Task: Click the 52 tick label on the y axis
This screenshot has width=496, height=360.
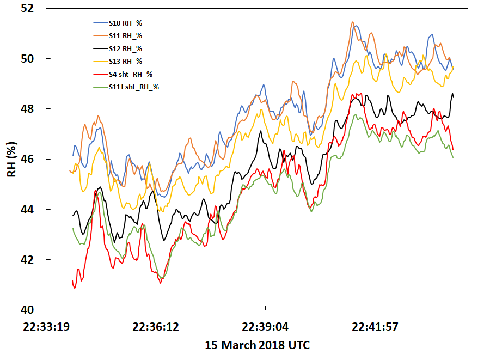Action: pyautogui.click(x=27, y=9)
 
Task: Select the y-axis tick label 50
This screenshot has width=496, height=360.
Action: pyautogui.click(x=27, y=59)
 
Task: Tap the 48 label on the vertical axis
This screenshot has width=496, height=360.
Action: pyautogui.click(x=27, y=109)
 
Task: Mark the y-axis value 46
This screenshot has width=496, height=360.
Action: pyautogui.click(x=27, y=159)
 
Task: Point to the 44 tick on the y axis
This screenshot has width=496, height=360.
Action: pyautogui.click(x=27, y=209)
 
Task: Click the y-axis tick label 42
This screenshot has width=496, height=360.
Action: pyautogui.click(x=27, y=259)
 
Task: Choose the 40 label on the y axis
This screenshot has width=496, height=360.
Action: pyautogui.click(x=27, y=309)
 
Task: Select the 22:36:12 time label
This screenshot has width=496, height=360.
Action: pyautogui.click(x=156, y=327)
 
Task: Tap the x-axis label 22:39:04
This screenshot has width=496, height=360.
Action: pyautogui.click(x=265, y=327)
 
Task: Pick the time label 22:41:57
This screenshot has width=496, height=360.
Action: pyautogui.click(x=375, y=327)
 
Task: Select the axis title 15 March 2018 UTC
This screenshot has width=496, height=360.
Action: pyautogui.click(x=257, y=345)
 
